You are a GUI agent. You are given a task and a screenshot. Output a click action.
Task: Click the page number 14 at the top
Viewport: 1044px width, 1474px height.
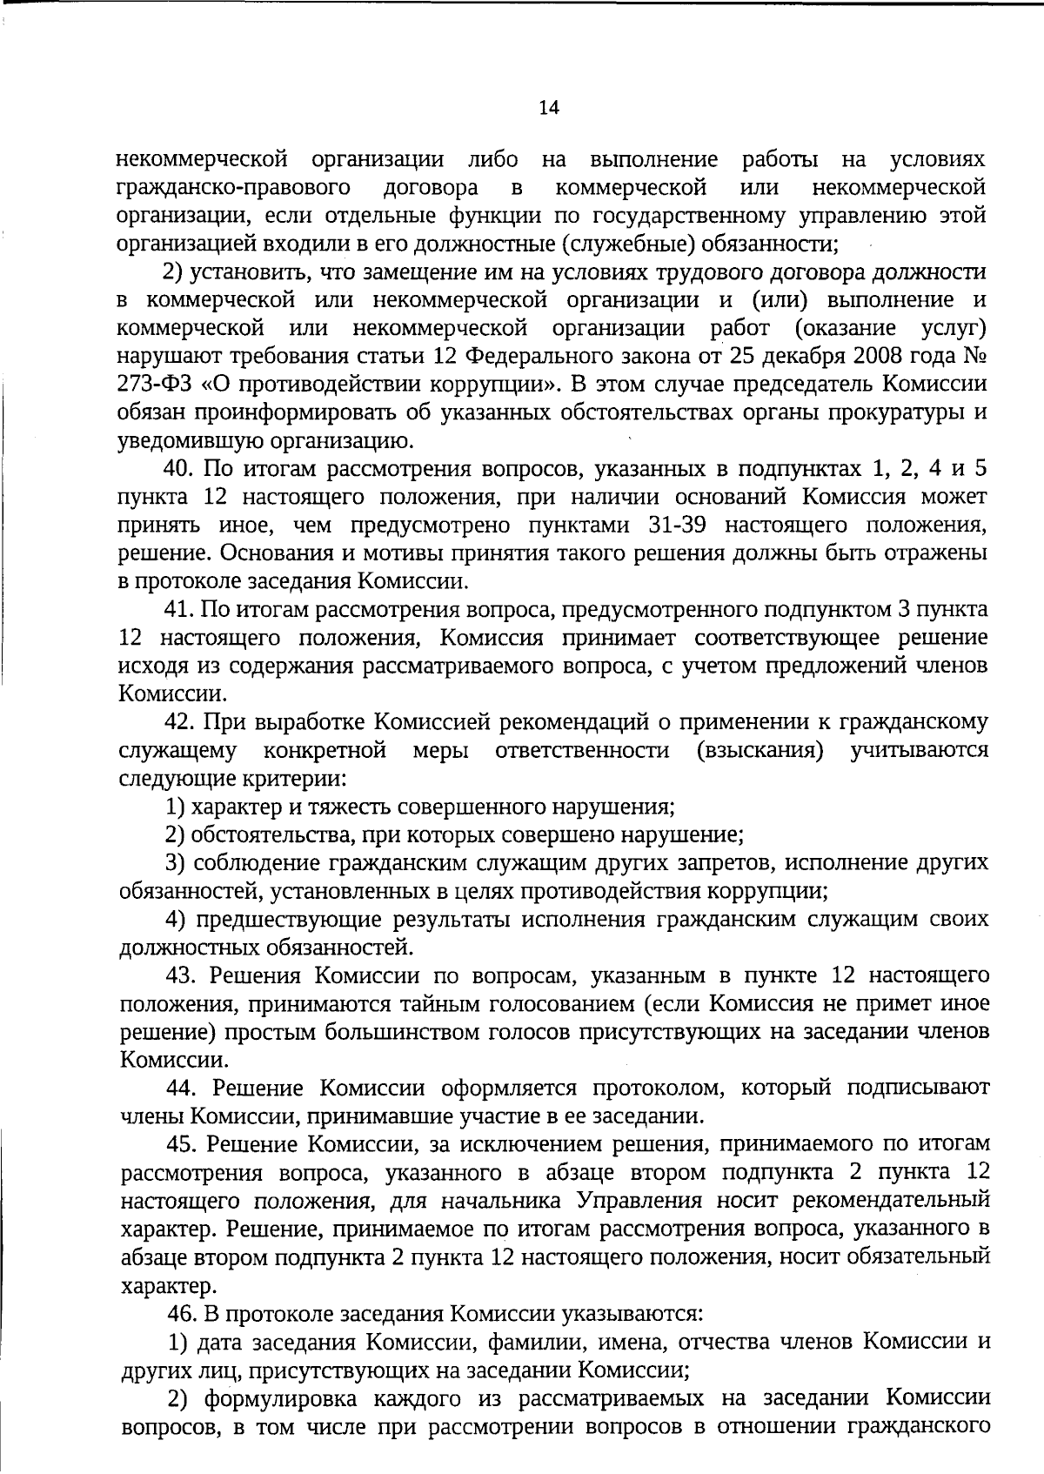[x=549, y=108]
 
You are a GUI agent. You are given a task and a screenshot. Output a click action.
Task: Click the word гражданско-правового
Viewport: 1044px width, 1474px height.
[x=234, y=188]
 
